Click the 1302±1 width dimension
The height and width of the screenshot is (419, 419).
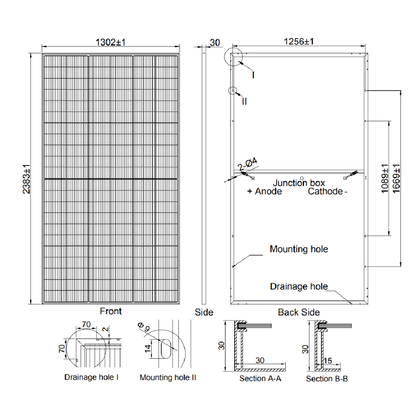point(111,42)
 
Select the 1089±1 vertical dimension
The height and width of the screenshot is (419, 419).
point(385,179)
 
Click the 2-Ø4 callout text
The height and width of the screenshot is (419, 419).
point(247,165)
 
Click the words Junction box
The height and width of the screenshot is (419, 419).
point(299,183)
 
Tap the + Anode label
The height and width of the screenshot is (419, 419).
point(264,191)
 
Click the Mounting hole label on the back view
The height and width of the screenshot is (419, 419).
point(299,249)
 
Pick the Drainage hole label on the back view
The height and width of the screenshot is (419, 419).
point(298,287)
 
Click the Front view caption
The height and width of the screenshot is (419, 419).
point(111,311)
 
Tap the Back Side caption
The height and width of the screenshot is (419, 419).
point(298,313)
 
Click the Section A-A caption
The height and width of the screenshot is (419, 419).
point(260,379)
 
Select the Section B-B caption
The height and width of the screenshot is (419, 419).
point(326,379)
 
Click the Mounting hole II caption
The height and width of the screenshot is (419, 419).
point(168,378)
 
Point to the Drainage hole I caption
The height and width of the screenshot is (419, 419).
point(91,377)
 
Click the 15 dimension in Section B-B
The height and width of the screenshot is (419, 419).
point(328,361)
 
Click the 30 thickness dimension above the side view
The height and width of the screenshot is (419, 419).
point(215,42)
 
